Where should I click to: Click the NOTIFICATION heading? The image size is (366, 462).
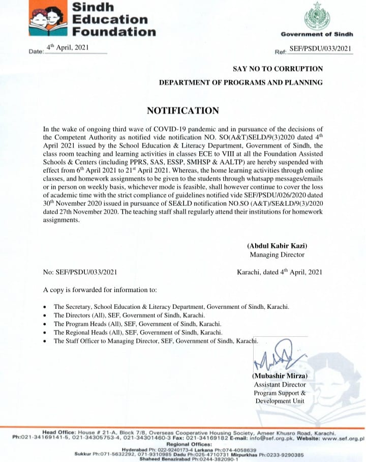(183, 111)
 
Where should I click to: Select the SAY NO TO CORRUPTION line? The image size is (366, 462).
(278, 68)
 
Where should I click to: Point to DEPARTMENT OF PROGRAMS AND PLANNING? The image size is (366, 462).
(241, 82)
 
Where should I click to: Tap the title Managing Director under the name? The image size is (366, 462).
(277, 254)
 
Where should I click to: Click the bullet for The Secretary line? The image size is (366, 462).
(46, 308)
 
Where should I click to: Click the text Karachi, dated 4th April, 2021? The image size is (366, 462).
(280, 272)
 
